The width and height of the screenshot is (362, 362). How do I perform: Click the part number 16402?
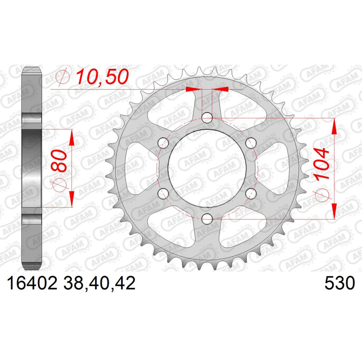[x=32, y=283]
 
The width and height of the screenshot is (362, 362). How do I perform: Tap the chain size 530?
[x=339, y=283]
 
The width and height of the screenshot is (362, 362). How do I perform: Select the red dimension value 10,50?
[x=102, y=77]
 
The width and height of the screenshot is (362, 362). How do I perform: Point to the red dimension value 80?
[x=59, y=161]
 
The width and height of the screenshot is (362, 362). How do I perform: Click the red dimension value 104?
[x=322, y=164]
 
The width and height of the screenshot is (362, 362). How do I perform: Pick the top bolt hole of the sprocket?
[x=207, y=118]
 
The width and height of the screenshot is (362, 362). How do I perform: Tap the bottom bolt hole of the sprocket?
[x=207, y=219]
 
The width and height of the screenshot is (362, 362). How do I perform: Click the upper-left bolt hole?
[x=163, y=143]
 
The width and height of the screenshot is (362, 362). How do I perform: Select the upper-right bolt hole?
[x=251, y=143]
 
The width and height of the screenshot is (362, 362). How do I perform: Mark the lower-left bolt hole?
[x=163, y=194]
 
